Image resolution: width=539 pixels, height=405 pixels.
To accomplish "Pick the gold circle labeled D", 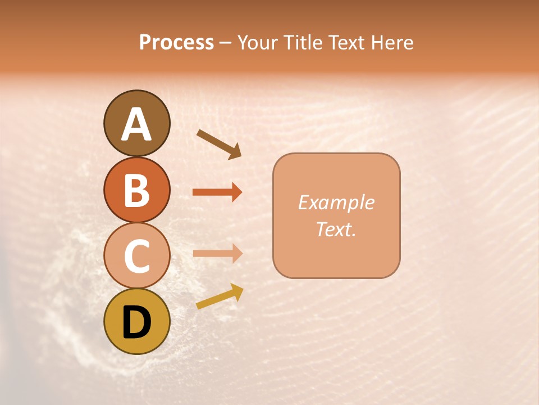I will [x=136, y=321].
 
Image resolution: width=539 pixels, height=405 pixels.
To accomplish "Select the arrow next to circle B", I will [x=217, y=192].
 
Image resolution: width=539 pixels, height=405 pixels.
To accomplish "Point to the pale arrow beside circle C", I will [x=217, y=253].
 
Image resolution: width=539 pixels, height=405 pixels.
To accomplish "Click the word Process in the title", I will [x=176, y=42].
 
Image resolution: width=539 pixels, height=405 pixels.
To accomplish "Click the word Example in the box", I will [x=336, y=202].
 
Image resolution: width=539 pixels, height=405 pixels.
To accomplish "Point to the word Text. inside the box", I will [x=336, y=229].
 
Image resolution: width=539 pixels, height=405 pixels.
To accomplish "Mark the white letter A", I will [x=136, y=124].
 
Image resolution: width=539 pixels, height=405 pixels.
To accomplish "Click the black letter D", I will [x=136, y=322].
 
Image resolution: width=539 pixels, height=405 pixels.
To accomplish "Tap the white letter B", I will [x=136, y=191].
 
